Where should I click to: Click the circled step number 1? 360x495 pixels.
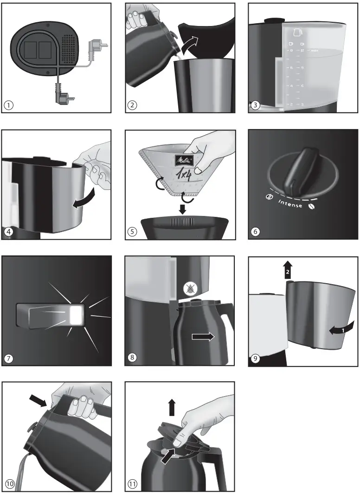coord(8,105)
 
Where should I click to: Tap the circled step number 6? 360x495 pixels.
coord(256,232)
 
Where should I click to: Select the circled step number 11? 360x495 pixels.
coord(133,484)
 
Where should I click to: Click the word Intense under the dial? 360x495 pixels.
coord(290,204)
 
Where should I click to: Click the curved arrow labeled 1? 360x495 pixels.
coord(343,328)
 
